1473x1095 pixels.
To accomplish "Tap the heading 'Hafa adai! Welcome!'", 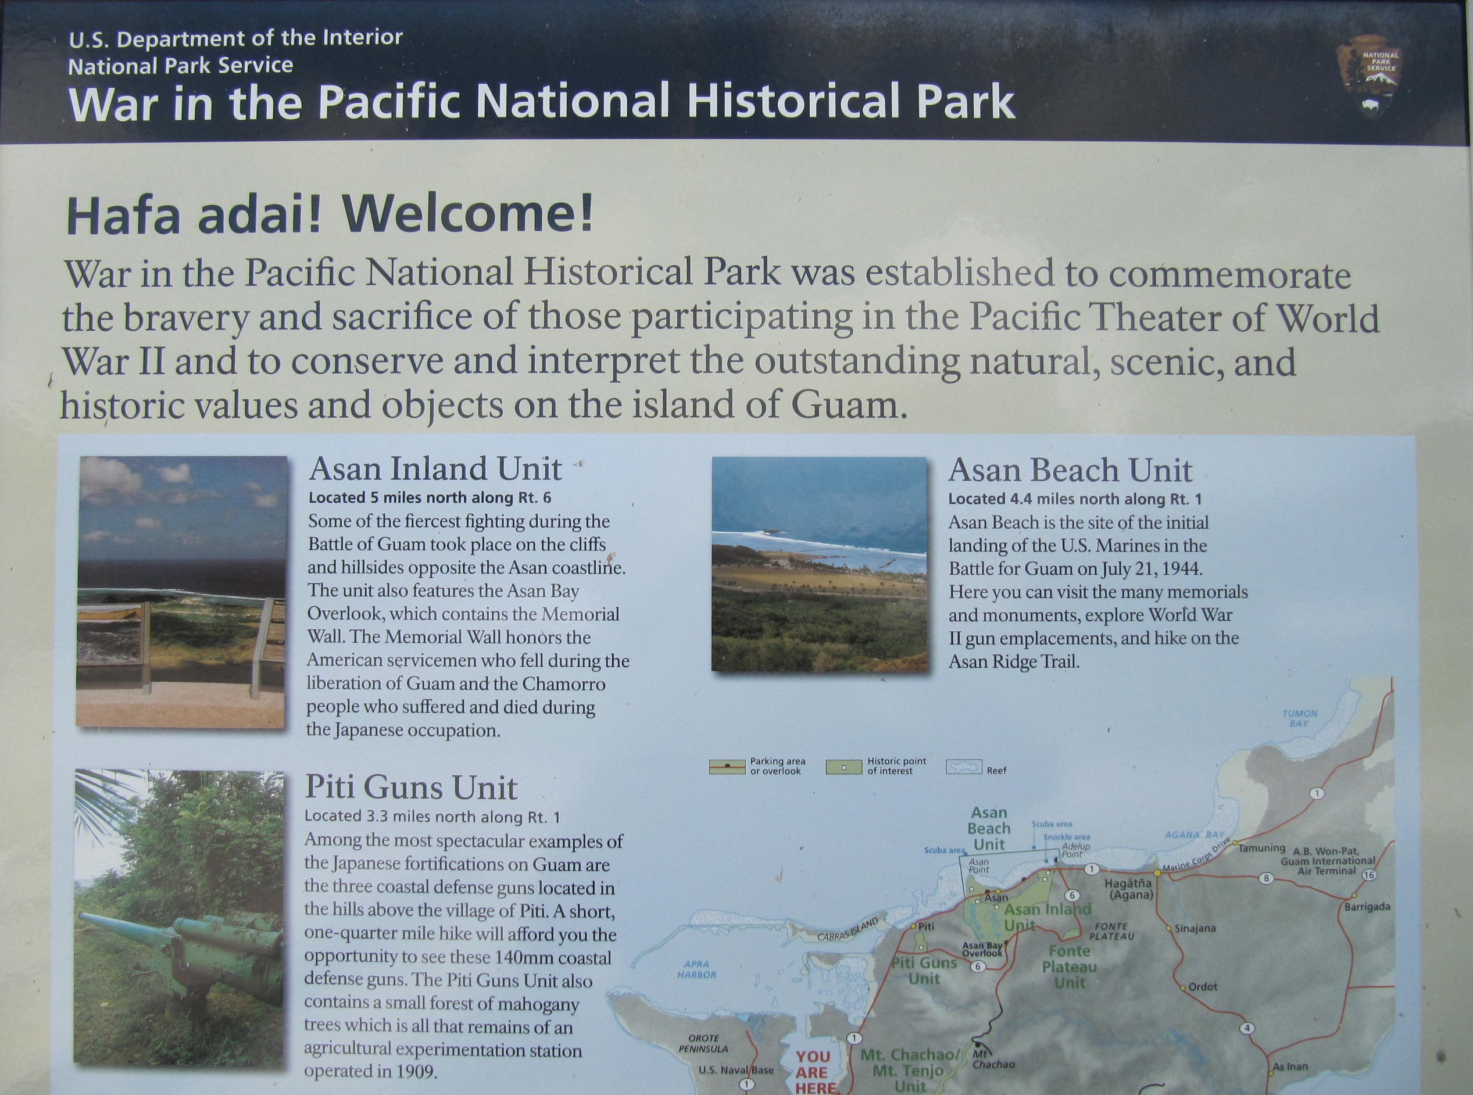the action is click(330, 213).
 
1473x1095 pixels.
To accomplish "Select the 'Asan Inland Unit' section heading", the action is click(435, 469).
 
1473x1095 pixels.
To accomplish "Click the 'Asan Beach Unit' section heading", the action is click(1070, 471).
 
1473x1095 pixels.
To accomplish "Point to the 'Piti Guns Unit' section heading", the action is click(411, 788).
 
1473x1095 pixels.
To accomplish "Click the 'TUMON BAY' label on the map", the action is click(1299, 718).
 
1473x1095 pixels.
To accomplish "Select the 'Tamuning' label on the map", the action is click(1262, 849).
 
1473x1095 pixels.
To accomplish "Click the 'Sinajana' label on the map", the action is click(1195, 928).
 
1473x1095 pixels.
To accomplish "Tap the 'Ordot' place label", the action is click(1203, 986).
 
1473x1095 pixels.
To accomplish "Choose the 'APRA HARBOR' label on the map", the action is click(697, 969).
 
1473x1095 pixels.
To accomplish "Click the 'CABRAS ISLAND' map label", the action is click(848, 929).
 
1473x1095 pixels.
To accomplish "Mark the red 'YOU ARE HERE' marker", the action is click(813, 1072).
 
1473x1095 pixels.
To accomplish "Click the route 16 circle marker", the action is click(1369, 875).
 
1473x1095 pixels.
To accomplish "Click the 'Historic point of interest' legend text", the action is click(897, 766).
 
